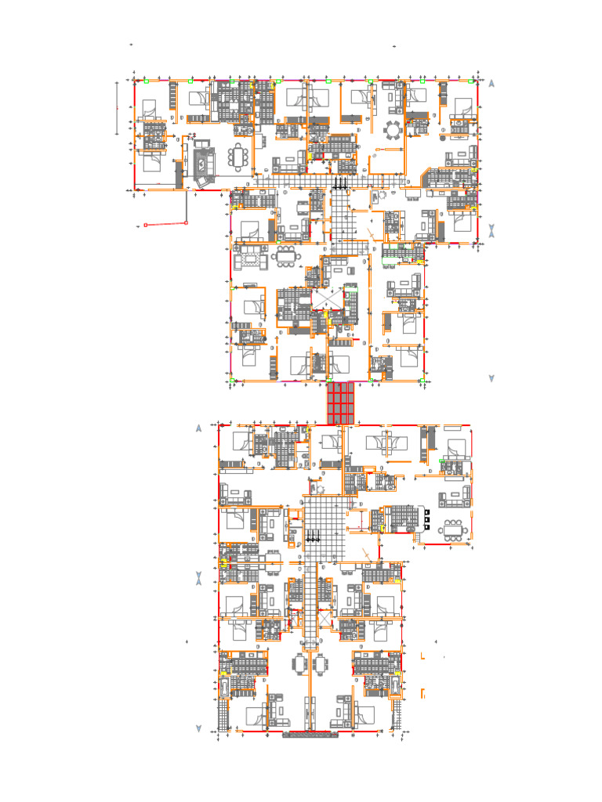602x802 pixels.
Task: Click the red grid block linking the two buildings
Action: click(x=341, y=403)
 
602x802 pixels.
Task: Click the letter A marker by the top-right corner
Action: click(x=491, y=83)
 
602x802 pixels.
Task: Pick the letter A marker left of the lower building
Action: click(x=199, y=428)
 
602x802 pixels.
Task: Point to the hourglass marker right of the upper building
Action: click(x=491, y=231)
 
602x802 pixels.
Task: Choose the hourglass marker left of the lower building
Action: click(x=199, y=578)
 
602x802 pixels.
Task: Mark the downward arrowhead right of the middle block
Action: click(x=491, y=378)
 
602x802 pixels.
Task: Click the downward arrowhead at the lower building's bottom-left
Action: click(x=199, y=729)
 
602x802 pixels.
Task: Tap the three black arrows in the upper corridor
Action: click(x=341, y=184)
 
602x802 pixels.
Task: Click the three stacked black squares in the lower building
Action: click(x=428, y=517)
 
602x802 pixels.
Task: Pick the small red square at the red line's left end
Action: click(x=145, y=226)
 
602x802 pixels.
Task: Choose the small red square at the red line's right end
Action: click(x=187, y=223)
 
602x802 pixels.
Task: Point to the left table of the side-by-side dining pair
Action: click(x=300, y=663)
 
